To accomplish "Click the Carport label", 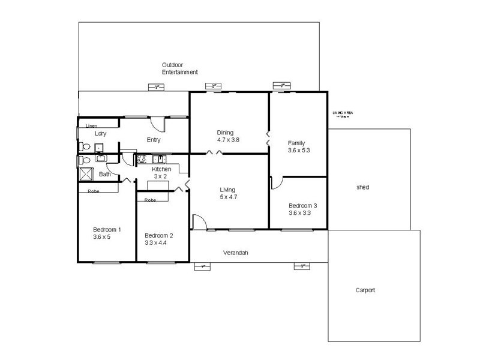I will (365, 290).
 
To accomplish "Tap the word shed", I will (362, 188).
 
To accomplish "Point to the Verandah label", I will (236, 253).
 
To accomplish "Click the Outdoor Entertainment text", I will (179, 68).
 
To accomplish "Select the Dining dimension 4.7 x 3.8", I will (228, 140).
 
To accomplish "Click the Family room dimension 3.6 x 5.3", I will (299, 150).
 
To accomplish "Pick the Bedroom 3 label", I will (302, 205).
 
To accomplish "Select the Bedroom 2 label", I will (158, 235).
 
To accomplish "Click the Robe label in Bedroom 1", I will (93, 191).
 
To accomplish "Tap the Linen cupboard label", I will (91, 126).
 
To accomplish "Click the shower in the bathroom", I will (86, 174).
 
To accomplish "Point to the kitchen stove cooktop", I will (143, 159).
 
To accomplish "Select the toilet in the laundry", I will (83, 146).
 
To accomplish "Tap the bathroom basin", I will (100, 159).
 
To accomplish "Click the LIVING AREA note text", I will (343, 114).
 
